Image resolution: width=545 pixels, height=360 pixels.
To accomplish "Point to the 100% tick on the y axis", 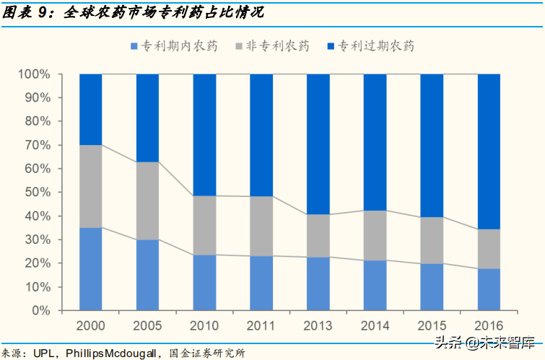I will coord(35,74).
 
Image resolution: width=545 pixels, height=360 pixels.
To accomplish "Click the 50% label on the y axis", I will coord(38,193).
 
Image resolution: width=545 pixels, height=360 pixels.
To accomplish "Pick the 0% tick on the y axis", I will coord(41,311).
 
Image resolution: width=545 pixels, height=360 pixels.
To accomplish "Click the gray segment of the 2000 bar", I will coord(90,186).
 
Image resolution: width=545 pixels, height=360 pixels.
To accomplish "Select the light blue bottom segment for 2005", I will coord(147,275).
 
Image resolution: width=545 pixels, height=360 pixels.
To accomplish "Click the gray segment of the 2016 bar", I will coord(489,249).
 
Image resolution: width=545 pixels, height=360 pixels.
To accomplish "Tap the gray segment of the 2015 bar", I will coord(432,240).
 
